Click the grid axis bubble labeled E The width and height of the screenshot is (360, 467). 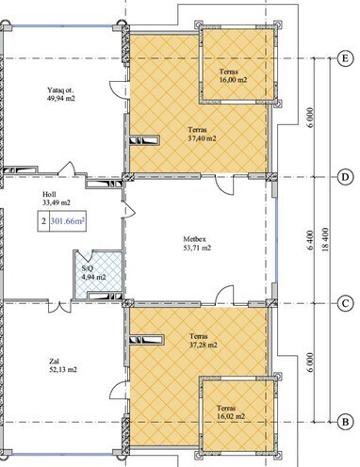click(345, 57)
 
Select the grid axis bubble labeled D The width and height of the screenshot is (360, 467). click(345, 176)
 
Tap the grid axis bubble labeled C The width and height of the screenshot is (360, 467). click(345, 302)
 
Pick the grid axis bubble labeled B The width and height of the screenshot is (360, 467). click(345, 421)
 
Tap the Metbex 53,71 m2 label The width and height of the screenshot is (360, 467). click(199, 245)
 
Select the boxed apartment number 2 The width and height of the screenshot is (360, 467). click(43, 223)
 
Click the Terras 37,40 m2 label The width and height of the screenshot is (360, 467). click(200, 133)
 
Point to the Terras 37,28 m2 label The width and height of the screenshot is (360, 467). click(201, 340)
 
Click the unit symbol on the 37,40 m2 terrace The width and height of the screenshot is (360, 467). click(149, 142)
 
